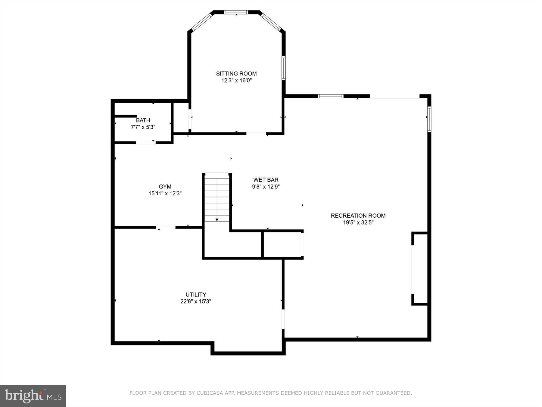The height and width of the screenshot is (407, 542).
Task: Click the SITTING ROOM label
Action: point(236,74)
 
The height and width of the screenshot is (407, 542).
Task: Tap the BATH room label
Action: point(143,120)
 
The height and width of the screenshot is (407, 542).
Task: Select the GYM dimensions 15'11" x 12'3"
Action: point(165,194)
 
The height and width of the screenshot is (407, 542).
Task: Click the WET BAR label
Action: point(266,180)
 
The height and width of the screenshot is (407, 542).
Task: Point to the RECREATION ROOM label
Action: point(358,216)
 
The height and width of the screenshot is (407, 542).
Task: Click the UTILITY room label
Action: point(196,295)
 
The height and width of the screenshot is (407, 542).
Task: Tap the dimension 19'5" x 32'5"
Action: point(358,223)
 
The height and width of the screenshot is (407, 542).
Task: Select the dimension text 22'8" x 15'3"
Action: point(196,301)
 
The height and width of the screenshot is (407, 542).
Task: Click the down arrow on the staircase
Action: point(217,219)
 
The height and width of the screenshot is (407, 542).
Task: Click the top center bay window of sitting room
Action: point(236,12)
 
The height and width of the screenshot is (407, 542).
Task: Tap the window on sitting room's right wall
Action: point(283,68)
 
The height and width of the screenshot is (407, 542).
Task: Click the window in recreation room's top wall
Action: point(330,96)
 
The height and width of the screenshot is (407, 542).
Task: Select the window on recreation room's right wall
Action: point(429,119)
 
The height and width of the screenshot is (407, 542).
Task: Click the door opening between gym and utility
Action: point(166,227)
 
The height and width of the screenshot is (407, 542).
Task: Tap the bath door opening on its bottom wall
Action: point(145,142)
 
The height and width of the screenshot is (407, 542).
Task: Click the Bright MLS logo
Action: point(33,396)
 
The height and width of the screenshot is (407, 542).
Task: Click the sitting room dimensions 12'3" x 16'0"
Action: point(236,80)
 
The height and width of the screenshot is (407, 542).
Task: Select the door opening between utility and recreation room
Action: point(283,319)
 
